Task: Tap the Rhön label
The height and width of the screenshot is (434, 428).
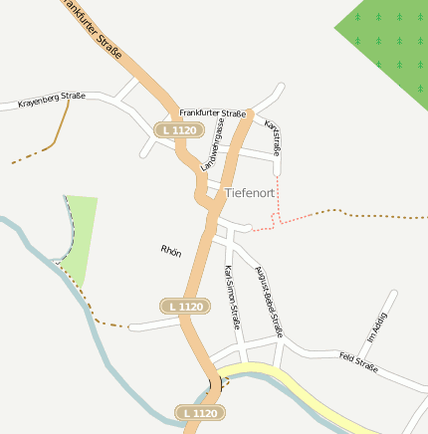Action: (170, 251)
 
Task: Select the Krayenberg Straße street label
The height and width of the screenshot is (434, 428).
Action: (52, 100)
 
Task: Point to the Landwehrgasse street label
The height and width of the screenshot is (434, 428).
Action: (212, 145)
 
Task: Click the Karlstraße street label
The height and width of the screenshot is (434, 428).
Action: (272, 136)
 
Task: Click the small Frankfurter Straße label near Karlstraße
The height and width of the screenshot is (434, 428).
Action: (212, 113)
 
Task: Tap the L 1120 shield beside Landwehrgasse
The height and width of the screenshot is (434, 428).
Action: (178, 130)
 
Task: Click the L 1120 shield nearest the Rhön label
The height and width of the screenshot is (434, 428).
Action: (186, 306)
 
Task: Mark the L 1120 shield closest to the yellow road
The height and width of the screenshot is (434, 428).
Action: (198, 411)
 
